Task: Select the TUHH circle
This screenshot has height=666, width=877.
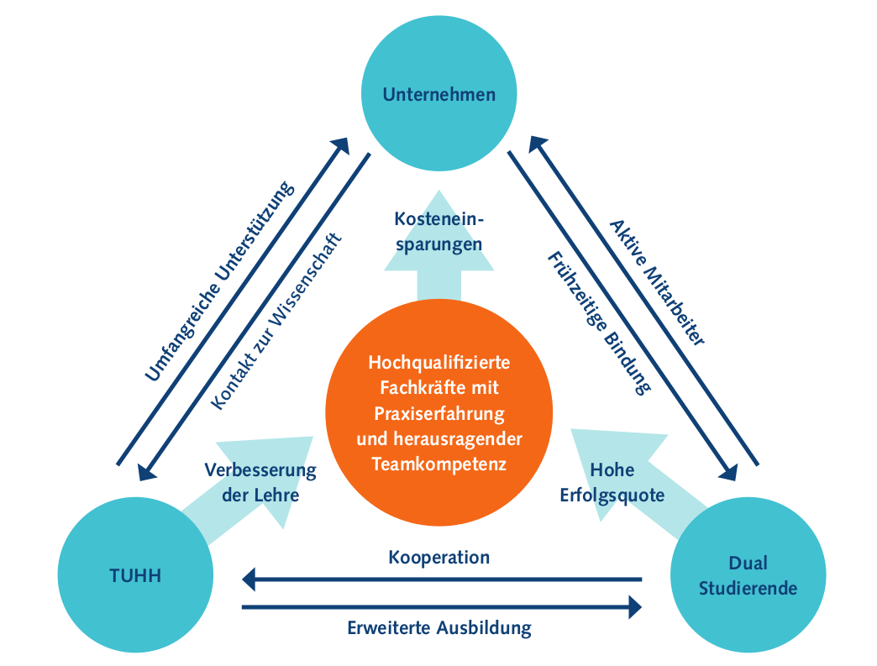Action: pos(135,576)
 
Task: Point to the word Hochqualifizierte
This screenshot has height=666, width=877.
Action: pos(439,364)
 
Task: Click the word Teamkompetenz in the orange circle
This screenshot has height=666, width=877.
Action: pos(438,463)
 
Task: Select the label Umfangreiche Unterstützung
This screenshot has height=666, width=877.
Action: pos(220,281)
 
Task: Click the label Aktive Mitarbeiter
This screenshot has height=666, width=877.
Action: pos(657,281)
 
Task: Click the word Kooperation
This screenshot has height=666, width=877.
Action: pos(438,557)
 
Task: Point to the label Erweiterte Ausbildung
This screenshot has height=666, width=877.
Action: pos(439,627)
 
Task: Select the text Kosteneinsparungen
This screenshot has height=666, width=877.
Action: pos(438,232)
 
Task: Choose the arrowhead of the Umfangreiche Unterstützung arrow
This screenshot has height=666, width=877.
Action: pos(342,144)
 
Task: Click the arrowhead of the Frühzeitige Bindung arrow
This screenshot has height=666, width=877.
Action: pos(727,472)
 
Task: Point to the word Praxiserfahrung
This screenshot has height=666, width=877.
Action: pos(439,413)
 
